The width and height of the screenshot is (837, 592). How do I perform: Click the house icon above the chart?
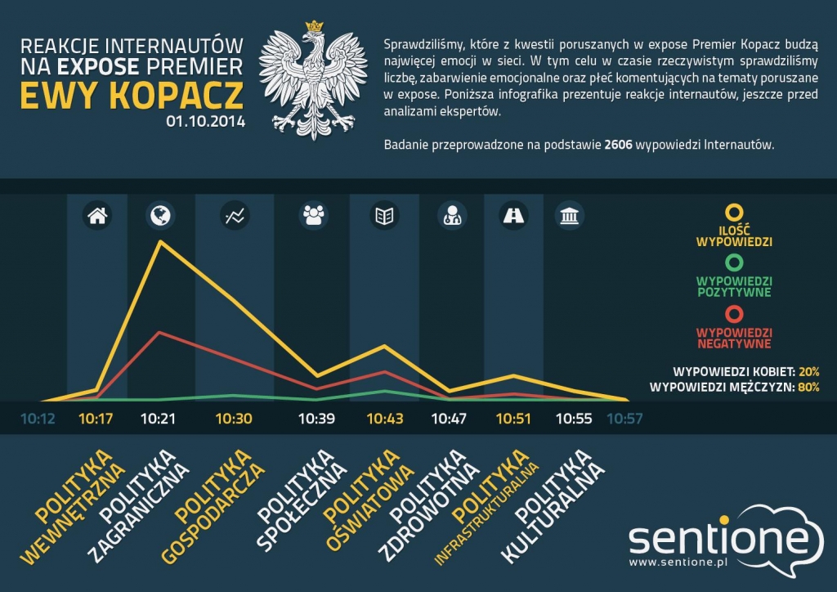tap(96, 216)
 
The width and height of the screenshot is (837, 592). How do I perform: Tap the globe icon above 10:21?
tap(159, 216)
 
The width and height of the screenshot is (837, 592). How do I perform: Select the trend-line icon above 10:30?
tap(234, 216)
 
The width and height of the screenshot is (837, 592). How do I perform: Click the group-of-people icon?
tap(313, 216)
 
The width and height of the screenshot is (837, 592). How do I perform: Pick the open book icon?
tap(383, 216)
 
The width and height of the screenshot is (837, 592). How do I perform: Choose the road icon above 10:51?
tap(514, 216)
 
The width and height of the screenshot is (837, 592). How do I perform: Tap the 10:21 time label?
tap(159, 419)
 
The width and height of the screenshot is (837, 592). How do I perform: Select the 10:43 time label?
tap(385, 419)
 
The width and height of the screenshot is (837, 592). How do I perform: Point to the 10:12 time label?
tap(38, 419)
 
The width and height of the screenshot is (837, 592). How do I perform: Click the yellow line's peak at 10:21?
tap(159, 241)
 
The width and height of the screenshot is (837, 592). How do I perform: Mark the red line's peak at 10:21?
tap(159, 332)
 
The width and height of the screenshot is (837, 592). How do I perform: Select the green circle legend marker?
tap(734, 262)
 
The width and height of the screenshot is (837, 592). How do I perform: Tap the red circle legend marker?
tap(734, 312)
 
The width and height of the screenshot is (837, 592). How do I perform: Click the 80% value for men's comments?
tap(809, 388)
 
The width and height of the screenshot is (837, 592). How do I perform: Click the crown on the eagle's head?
tap(313, 27)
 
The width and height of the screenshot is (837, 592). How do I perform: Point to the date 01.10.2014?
tap(205, 121)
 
